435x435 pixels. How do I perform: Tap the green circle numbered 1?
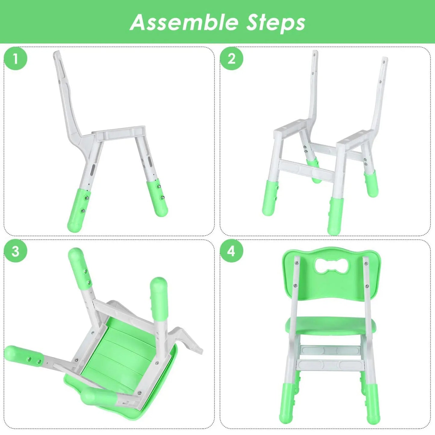(15, 59)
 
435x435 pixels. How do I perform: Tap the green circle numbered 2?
(231, 59)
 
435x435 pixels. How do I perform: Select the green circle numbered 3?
(15, 251)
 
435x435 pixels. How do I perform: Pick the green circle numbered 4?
(231, 251)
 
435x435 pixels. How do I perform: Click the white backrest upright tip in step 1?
(57, 56)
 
